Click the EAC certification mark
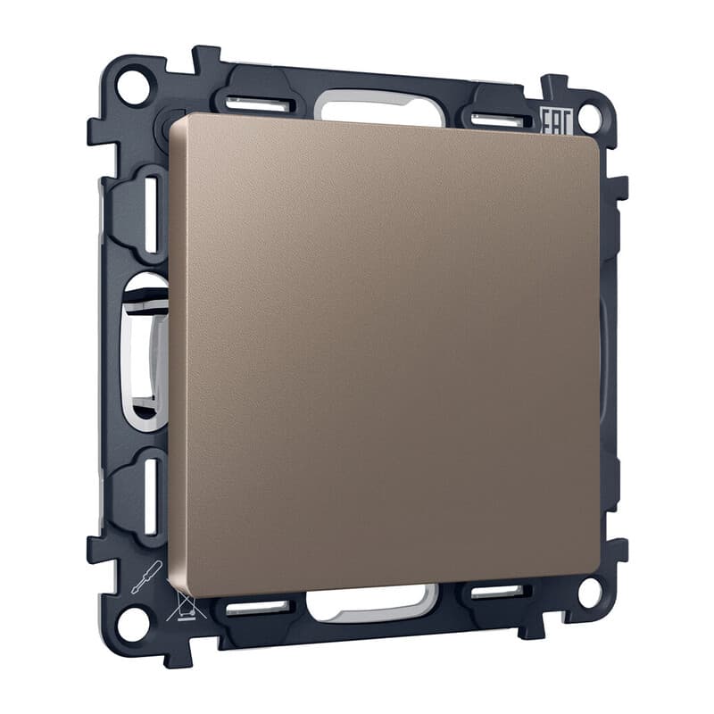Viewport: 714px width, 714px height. tap(555, 122)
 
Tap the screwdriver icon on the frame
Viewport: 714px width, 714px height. tap(146, 577)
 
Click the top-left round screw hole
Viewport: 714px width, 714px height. tap(133, 86)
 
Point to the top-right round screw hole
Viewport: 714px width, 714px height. tap(590, 117)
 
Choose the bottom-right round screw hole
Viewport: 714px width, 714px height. tap(590, 592)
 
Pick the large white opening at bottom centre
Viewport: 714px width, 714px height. tap(372, 602)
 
